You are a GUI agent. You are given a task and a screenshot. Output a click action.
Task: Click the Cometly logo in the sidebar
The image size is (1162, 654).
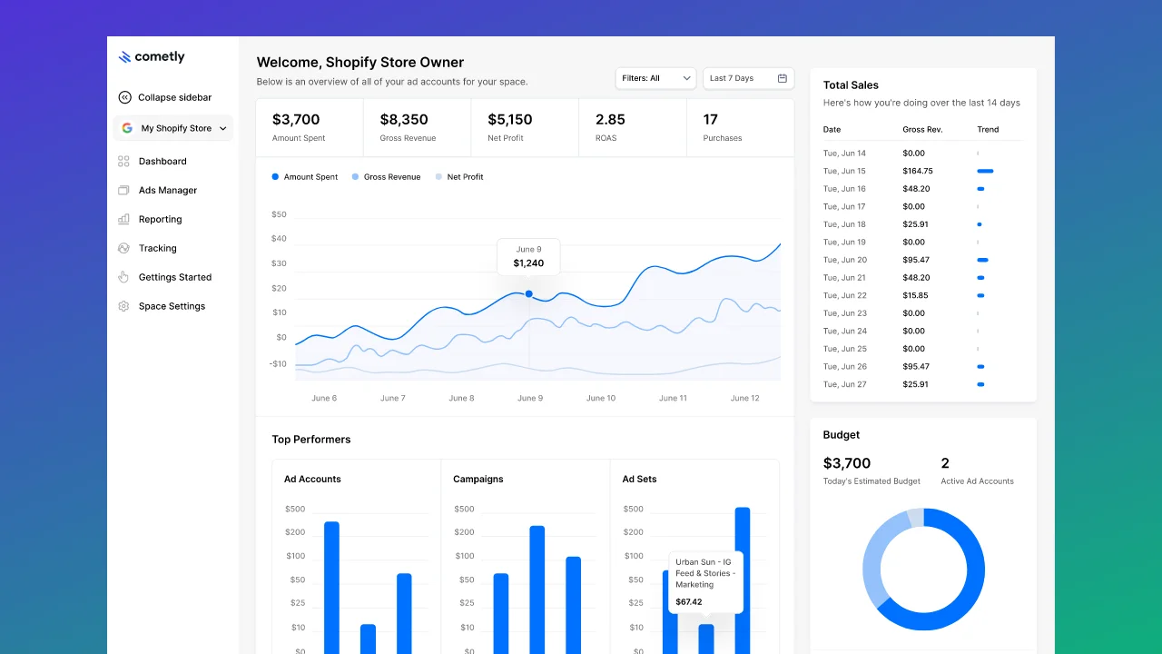pyautogui.click(x=151, y=57)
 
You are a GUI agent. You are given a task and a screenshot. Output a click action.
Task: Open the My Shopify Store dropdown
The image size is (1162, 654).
pyautogui.click(x=173, y=128)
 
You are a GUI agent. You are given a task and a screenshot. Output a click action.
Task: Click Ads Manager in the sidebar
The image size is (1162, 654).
pyautogui.click(x=167, y=191)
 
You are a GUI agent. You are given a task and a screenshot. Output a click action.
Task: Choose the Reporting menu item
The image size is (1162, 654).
pyautogui.click(x=160, y=220)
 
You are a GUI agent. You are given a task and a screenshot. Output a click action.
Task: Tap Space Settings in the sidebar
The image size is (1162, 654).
pyautogui.click(x=172, y=306)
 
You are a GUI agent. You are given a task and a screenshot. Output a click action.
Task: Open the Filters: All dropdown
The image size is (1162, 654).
pyautogui.click(x=655, y=78)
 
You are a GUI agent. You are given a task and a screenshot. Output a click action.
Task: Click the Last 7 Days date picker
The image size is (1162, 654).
pyautogui.click(x=748, y=78)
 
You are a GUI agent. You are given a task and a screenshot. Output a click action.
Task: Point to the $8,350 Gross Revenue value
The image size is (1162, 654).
pyautogui.click(x=404, y=120)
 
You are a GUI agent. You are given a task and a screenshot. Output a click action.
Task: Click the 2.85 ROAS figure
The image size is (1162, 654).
pyautogui.click(x=610, y=120)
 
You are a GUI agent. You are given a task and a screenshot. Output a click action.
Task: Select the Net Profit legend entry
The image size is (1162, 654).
pyautogui.click(x=465, y=177)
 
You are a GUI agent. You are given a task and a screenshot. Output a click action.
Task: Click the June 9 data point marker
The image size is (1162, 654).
pyautogui.click(x=529, y=293)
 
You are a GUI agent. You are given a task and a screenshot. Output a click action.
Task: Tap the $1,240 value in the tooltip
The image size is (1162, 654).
pyautogui.click(x=528, y=263)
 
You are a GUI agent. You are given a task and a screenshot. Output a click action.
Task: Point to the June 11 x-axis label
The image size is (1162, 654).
pyautogui.click(x=673, y=399)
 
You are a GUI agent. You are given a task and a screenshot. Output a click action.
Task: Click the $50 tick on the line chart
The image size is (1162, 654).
pyautogui.click(x=279, y=215)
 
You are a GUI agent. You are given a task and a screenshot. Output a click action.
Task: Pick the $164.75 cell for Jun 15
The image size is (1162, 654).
pyautogui.click(x=918, y=171)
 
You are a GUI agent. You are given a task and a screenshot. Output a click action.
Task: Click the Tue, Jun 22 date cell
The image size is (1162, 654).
pyautogui.click(x=844, y=295)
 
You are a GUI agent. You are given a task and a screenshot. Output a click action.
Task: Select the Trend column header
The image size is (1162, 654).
pyautogui.click(x=988, y=130)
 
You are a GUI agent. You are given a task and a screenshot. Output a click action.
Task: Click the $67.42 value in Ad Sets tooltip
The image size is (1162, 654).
pyautogui.click(x=689, y=602)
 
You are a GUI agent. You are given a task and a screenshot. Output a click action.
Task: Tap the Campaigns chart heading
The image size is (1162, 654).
pyautogui.click(x=478, y=480)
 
